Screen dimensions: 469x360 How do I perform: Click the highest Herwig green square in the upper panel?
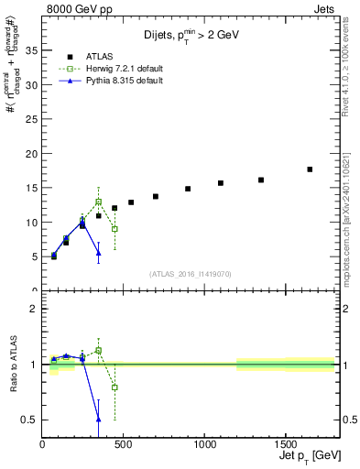tap(98, 202)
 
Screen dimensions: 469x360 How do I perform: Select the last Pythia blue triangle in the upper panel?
tap(98, 253)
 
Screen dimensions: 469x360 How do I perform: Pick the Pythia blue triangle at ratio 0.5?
tap(98, 419)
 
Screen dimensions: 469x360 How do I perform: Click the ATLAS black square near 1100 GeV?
tap(221, 183)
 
